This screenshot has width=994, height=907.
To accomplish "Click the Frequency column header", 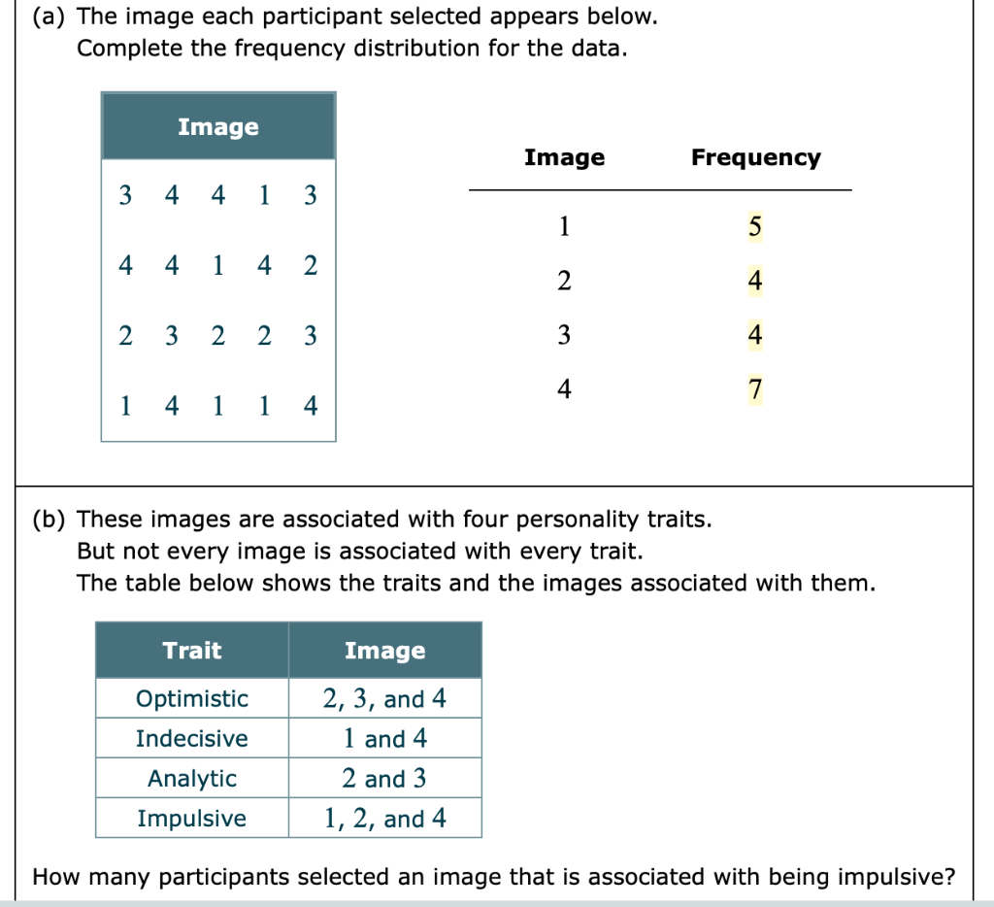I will (x=755, y=157).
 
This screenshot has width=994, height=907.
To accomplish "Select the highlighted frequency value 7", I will (x=755, y=390).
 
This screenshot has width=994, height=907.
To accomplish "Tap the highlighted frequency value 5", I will (x=755, y=227).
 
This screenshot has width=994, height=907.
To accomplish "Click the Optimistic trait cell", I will (x=192, y=698).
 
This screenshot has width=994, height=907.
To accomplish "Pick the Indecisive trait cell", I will (x=192, y=738).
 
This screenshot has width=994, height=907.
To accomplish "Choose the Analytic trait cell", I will (x=192, y=778).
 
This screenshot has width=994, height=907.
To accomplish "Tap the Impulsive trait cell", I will (x=192, y=818).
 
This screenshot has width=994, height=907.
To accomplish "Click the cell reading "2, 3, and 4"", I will (x=384, y=698).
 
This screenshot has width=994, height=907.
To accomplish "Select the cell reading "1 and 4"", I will (x=384, y=738).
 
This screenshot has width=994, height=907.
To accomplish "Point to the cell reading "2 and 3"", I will (x=384, y=778).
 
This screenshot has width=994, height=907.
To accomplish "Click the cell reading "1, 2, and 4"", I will (x=384, y=818).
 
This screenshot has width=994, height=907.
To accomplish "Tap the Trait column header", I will (x=192, y=650).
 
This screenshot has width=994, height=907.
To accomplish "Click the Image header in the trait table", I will (x=384, y=650).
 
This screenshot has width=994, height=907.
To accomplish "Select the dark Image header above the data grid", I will (x=218, y=127).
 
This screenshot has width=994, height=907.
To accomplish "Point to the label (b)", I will (x=49, y=520).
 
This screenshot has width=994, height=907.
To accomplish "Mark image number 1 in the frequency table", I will (x=564, y=227).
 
